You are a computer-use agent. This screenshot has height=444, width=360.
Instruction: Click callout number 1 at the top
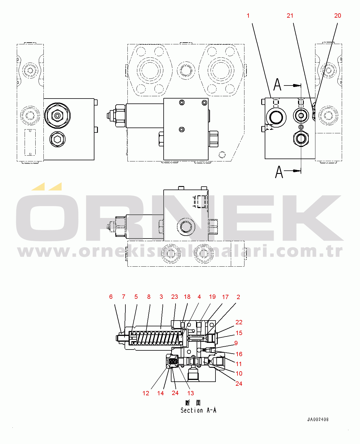tap(248, 16)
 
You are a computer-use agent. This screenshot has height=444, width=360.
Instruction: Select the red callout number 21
tap(290, 16)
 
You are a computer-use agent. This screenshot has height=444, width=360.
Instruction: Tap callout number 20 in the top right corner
tap(338, 16)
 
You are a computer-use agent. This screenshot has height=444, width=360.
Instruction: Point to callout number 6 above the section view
tap(111, 297)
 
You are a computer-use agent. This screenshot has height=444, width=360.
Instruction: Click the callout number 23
tap(174, 297)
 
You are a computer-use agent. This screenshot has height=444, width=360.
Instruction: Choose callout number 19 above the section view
tap(212, 297)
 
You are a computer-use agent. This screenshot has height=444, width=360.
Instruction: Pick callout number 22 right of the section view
tap(239, 322)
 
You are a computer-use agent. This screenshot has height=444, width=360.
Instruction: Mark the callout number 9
tap(236, 343)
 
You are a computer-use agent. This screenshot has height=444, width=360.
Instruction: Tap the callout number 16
tap(239, 354)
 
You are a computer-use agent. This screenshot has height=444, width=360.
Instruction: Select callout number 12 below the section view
tap(146, 393)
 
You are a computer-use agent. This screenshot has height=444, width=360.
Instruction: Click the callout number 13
tap(190, 393)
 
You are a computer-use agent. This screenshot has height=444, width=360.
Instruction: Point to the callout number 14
tap(160, 393)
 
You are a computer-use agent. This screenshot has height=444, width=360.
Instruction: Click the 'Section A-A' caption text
tap(198, 410)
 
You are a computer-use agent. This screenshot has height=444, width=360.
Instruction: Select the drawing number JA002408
tap(318, 419)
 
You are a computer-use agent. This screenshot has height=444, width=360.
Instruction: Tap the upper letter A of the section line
tap(277, 85)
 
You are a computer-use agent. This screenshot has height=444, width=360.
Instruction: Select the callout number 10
tap(239, 373)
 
